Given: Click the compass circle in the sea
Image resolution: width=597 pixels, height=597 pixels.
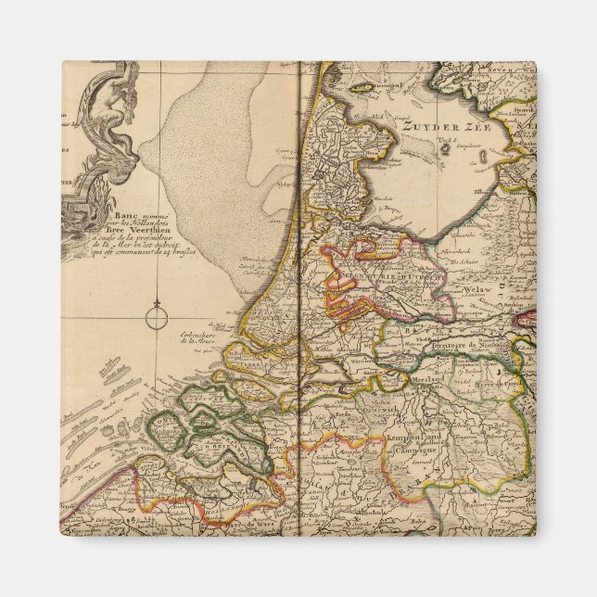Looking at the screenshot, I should [x=159, y=320].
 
